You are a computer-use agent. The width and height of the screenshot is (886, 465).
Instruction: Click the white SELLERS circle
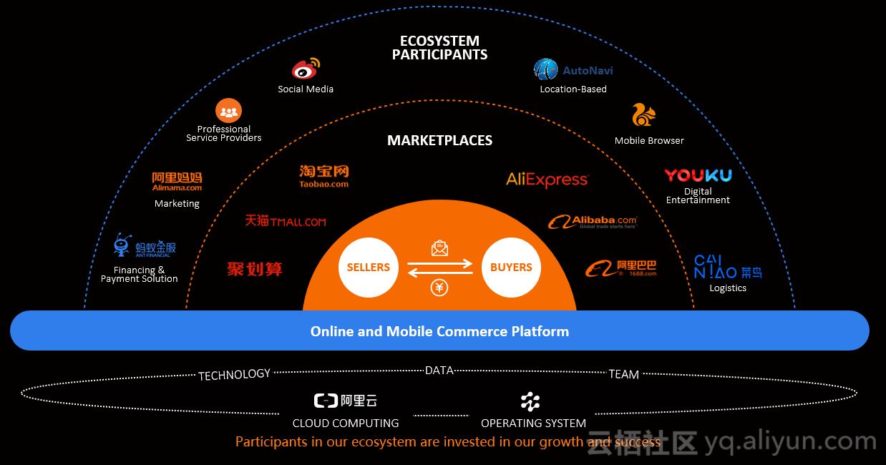(368, 268)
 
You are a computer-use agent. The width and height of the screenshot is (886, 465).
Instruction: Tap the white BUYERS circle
(511, 268)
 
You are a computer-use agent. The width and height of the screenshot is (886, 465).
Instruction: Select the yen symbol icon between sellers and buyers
(439, 288)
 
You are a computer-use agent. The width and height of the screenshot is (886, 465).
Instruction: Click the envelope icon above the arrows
(439, 248)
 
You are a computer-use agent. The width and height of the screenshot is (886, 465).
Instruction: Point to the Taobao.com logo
(324, 176)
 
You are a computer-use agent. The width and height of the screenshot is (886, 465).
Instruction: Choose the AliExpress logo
(547, 180)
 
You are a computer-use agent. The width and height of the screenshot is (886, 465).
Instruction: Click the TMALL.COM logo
(286, 221)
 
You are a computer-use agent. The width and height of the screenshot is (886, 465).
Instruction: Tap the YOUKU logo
(698, 175)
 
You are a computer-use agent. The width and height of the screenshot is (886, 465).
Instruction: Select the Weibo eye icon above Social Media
(306, 69)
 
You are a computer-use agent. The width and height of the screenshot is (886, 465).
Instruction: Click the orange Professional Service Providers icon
(229, 111)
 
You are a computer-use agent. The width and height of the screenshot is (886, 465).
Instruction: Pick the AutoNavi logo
(573, 69)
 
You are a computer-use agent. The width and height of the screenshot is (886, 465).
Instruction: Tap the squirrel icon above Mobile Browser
(643, 115)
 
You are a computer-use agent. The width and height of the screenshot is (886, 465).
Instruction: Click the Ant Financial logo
(145, 247)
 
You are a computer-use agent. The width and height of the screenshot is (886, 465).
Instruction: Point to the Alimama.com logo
(177, 181)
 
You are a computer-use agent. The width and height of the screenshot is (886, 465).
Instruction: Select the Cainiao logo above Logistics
(728, 267)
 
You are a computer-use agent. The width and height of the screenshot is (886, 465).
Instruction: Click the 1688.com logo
(620, 268)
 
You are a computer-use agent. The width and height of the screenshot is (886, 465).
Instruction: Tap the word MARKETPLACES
(439, 140)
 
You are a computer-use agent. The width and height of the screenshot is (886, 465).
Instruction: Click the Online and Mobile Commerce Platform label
(439, 331)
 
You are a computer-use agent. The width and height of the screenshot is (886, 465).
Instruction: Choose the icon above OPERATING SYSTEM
(530, 401)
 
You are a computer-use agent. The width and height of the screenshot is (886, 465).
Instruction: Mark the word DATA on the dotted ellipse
(439, 371)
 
